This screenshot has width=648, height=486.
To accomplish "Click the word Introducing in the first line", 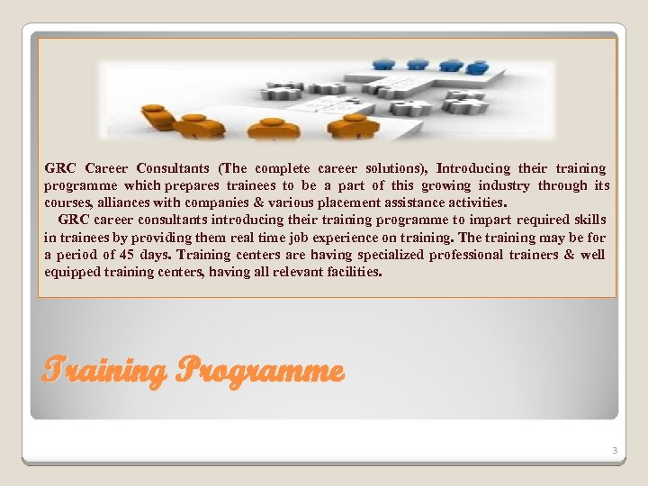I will tap(473, 168).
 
